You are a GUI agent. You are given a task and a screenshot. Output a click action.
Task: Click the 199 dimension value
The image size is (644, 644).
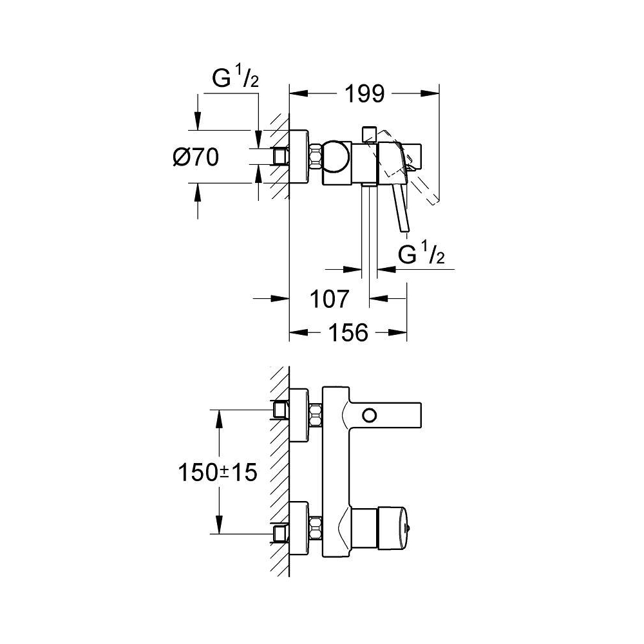point(363,94)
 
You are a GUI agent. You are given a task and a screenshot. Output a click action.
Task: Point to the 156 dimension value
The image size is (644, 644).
point(348,333)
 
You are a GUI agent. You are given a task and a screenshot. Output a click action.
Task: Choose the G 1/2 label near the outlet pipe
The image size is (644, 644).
point(422,255)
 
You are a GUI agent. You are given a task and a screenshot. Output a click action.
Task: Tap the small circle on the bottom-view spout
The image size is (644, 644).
point(370,413)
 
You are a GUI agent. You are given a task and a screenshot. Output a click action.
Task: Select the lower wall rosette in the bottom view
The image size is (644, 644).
point(299,531)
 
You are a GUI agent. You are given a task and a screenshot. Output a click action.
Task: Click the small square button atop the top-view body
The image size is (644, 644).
point(369,133)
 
